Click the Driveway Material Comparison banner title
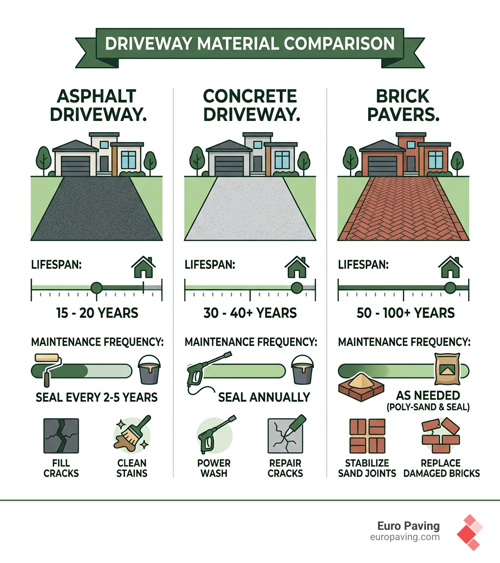pos(250,43)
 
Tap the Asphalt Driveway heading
pos(96,105)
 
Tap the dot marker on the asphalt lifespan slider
pos(96,288)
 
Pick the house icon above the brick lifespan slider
pos(450,267)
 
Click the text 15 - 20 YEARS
pos(96,313)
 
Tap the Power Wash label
pos(214,468)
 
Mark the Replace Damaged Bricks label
pos(441,468)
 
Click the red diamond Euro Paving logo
pos(469,532)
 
